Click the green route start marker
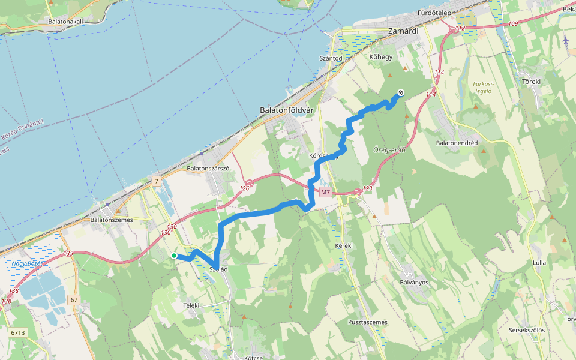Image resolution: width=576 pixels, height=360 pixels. point(174,256)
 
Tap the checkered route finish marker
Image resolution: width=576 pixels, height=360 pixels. point(400,93)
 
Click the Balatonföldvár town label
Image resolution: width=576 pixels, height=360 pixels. point(286,110)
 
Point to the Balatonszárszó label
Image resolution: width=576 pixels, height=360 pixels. point(209,169)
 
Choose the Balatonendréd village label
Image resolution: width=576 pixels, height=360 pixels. point(457,143)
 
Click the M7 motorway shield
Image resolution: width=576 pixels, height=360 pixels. point(325,193)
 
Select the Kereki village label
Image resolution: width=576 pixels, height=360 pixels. point(344,246)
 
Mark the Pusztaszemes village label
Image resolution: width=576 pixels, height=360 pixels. point(368,322)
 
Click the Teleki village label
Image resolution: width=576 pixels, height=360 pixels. point(191,305)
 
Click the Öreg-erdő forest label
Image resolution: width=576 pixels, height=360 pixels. point(389,150)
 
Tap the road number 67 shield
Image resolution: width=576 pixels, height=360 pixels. point(74,299)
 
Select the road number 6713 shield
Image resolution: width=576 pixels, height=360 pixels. point(18,332)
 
